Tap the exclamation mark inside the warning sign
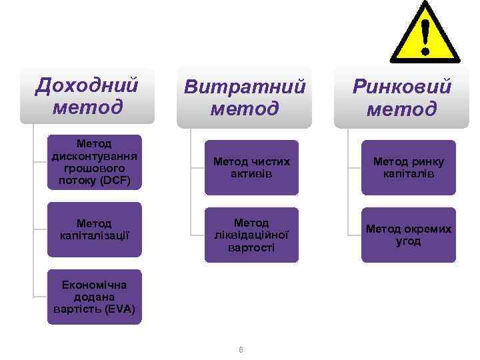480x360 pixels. tap(425, 37)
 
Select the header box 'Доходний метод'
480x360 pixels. tap(87, 95)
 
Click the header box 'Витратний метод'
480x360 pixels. tap(244, 97)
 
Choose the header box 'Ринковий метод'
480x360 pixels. tap(401, 97)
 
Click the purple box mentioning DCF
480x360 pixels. tap(94, 162)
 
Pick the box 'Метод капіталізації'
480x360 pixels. tap(94, 229)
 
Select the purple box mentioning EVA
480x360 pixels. tap(94, 296)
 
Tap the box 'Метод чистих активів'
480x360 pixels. tap(251, 167)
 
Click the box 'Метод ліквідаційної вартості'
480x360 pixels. tap(251, 235)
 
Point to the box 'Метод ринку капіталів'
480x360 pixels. tap(409, 167)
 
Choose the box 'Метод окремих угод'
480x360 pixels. tap(409, 235)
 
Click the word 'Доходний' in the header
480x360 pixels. tap(87, 85)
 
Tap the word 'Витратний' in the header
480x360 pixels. tap(245, 87)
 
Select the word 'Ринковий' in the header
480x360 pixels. tap(402, 87)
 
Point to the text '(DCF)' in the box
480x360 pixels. tap(117, 181)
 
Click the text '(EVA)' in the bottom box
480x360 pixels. tap(121, 309)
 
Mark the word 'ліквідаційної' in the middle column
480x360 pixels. tap(251, 235)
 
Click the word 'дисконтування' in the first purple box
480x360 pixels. tap(94, 156)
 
